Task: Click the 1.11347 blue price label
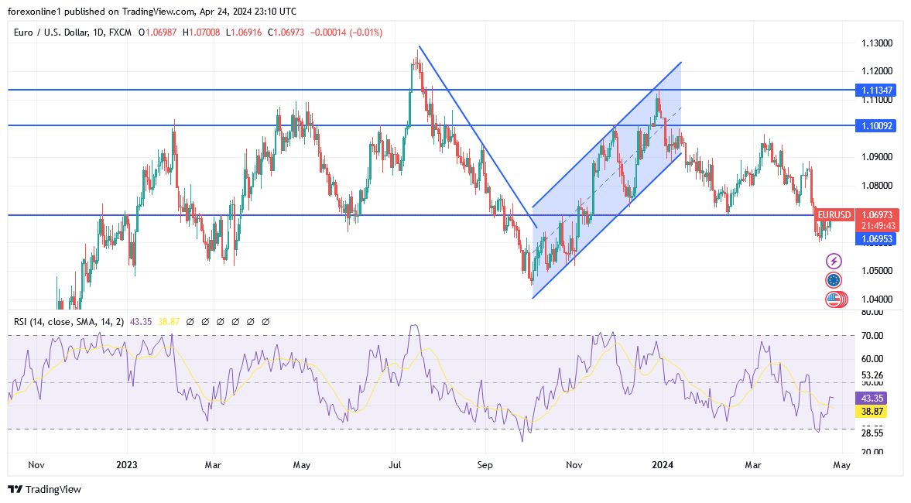click(876, 91)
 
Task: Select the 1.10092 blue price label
click(876, 125)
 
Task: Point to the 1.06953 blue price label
click(876, 240)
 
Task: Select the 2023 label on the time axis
click(126, 465)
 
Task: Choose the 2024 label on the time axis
click(663, 465)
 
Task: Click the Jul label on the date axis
click(395, 465)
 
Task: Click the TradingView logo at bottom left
click(44, 489)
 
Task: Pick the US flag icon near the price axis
click(834, 299)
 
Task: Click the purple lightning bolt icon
click(834, 262)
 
